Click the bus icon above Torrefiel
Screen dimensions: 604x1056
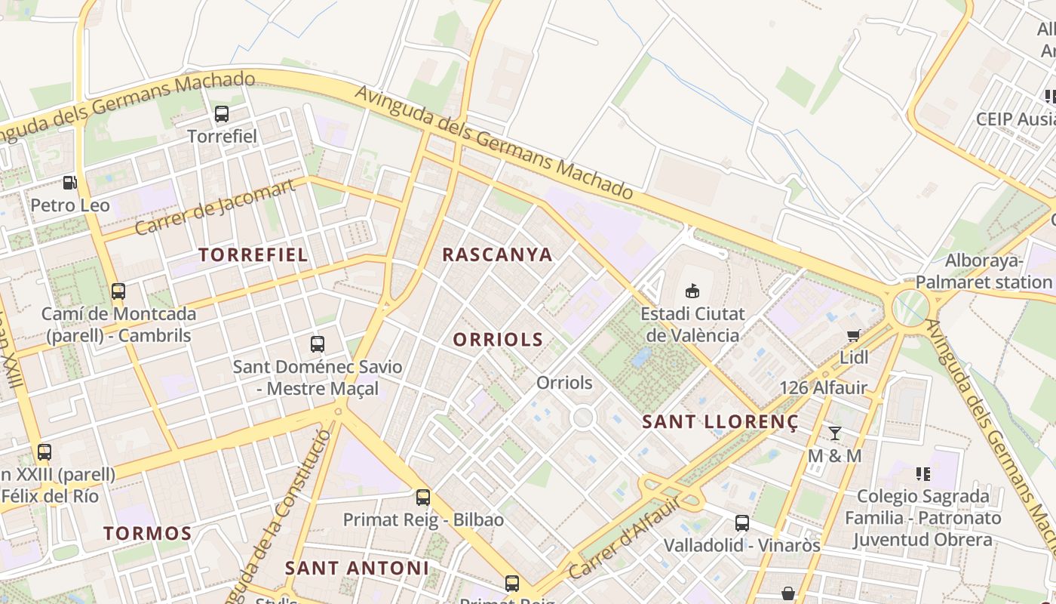pyautogui.click(x=221, y=114)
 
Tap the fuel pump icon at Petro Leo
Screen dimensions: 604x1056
pyautogui.click(x=69, y=182)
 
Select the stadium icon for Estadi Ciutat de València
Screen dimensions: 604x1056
pyautogui.click(x=692, y=290)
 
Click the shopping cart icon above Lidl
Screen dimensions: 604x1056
pyautogui.click(x=853, y=335)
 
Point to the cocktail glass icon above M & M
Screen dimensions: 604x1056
pyautogui.click(x=834, y=433)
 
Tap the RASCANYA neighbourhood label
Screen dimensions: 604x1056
pyautogui.click(x=497, y=254)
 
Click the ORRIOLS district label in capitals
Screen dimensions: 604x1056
pyautogui.click(x=498, y=340)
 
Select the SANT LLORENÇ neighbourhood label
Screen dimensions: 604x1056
pyautogui.click(x=720, y=422)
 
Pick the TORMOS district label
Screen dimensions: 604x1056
pyautogui.click(x=148, y=533)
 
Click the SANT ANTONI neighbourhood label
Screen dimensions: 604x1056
pyautogui.click(x=357, y=568)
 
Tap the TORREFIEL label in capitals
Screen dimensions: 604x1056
pyautogui.click(x=253, y=254)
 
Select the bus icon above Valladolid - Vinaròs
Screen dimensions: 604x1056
pyautogui.click(x=742, y=522)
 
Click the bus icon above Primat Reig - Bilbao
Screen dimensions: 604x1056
pyautogui.click(x=423, y=497)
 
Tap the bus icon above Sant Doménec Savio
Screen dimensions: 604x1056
pyautogui.click(x=318, y=344)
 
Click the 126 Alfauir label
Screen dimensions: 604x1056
pyautogui.click(x=823, y=388)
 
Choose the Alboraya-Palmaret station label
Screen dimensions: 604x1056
pyautogui.click(x=984, y=272)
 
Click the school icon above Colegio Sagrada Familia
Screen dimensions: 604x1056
pyautogui.click(x=923, y=473)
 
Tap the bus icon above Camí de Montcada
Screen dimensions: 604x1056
pyautogui.click(x=118, y=291)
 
